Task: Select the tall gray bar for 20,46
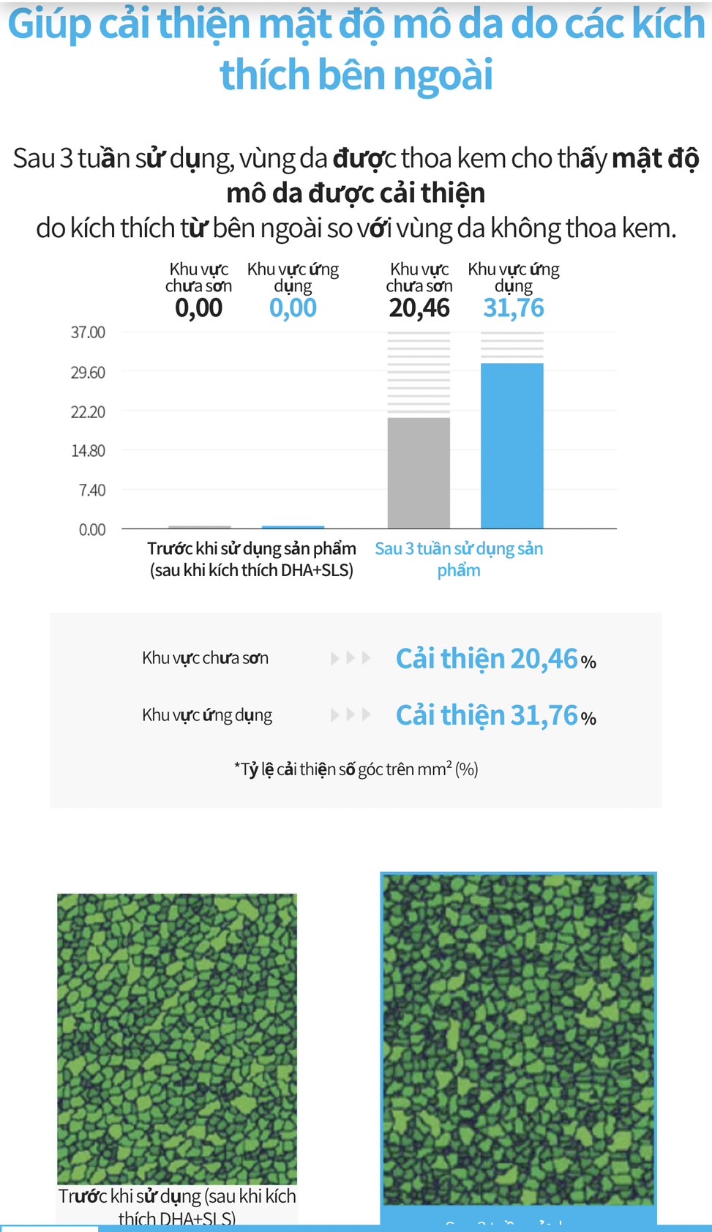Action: (419, 472)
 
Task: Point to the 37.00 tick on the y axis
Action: (88, 332)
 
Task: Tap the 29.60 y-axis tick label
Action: (88, 373)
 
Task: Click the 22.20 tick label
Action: (88, 412)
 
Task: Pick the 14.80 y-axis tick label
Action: (88, 451)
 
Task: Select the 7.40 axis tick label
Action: (92, 490)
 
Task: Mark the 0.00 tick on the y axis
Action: (92, 530)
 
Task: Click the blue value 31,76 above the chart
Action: (514, 308)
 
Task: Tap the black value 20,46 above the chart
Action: (419, 308)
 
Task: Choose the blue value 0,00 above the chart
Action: (293, 308)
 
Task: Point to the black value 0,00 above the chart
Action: (198, 308)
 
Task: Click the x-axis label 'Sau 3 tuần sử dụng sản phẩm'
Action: (459, 559)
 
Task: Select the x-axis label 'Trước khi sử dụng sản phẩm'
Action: (252, 559)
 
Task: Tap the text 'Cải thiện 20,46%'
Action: (495, 659)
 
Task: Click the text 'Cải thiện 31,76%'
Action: (495, 715)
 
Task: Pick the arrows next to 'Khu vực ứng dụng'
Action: (351, 714)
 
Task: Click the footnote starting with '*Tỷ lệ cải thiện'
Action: (356, 769)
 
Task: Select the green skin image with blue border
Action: (518, 1039)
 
